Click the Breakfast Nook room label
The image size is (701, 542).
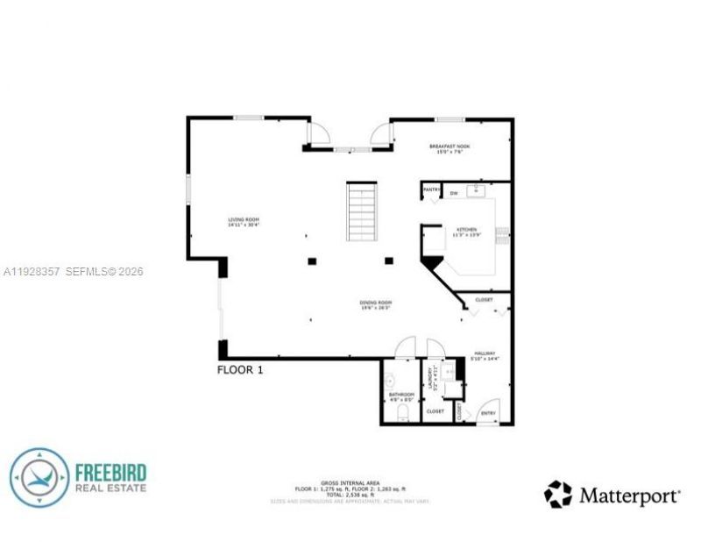click(x=450, y=147)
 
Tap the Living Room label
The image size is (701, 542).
click(x=244, y=221)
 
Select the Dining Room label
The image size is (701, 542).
click(x=375, y=305)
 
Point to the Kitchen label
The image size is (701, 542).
click(x=464, y=231)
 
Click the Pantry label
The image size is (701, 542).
click(x=431, y=189)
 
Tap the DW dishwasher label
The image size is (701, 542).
click(x=454, y=192)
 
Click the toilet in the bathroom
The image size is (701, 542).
click(x=404, y=412)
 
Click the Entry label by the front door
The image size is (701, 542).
click(x=488, y=413)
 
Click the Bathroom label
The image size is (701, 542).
click(x=400, y=396)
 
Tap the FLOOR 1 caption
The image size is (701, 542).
click(x=239, y=370)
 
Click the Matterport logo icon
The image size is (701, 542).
click(x=557, y=494)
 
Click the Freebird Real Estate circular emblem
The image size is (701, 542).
click(x=39, y=478)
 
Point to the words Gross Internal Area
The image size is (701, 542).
click(x=350, y=483)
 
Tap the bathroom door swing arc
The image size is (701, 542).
click(x=404, y=347)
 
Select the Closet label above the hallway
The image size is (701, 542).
click(x=484, y=300)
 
